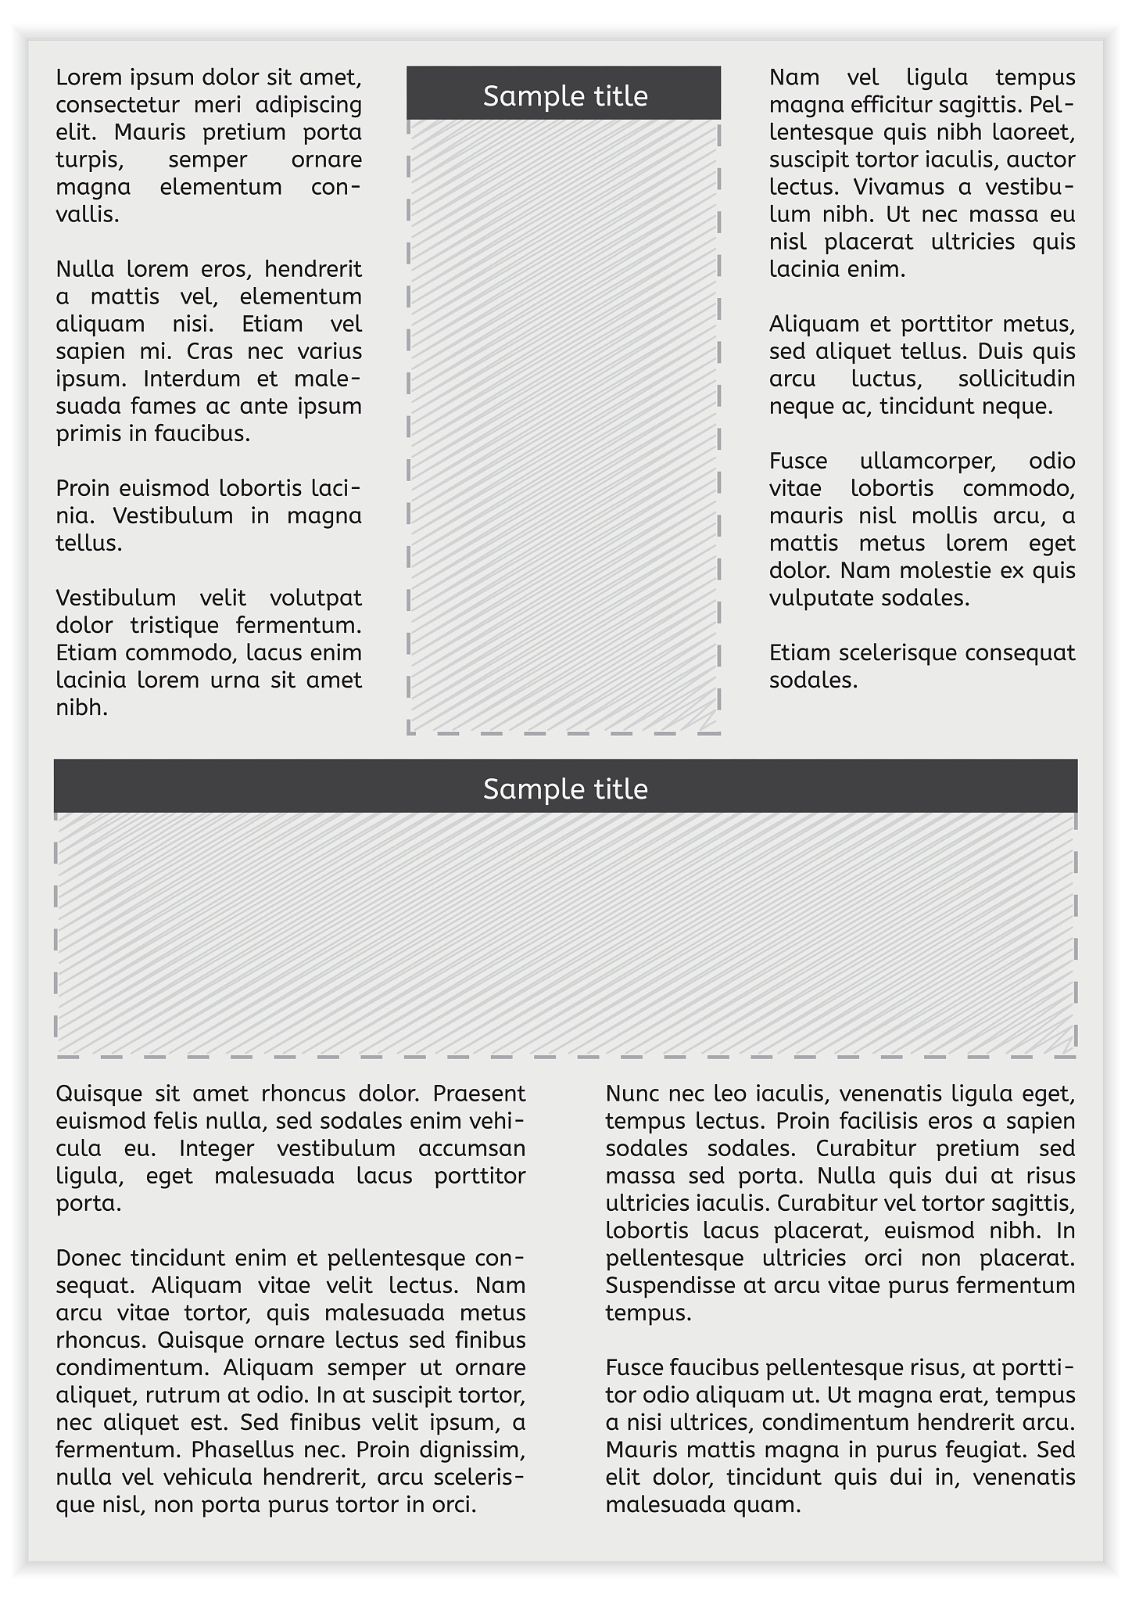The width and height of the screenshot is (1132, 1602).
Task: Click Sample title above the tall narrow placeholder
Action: (x=565, y=95)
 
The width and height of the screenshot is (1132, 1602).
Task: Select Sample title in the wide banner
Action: (x=565, y=788)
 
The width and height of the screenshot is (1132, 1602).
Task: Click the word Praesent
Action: (x=479, y=1093)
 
